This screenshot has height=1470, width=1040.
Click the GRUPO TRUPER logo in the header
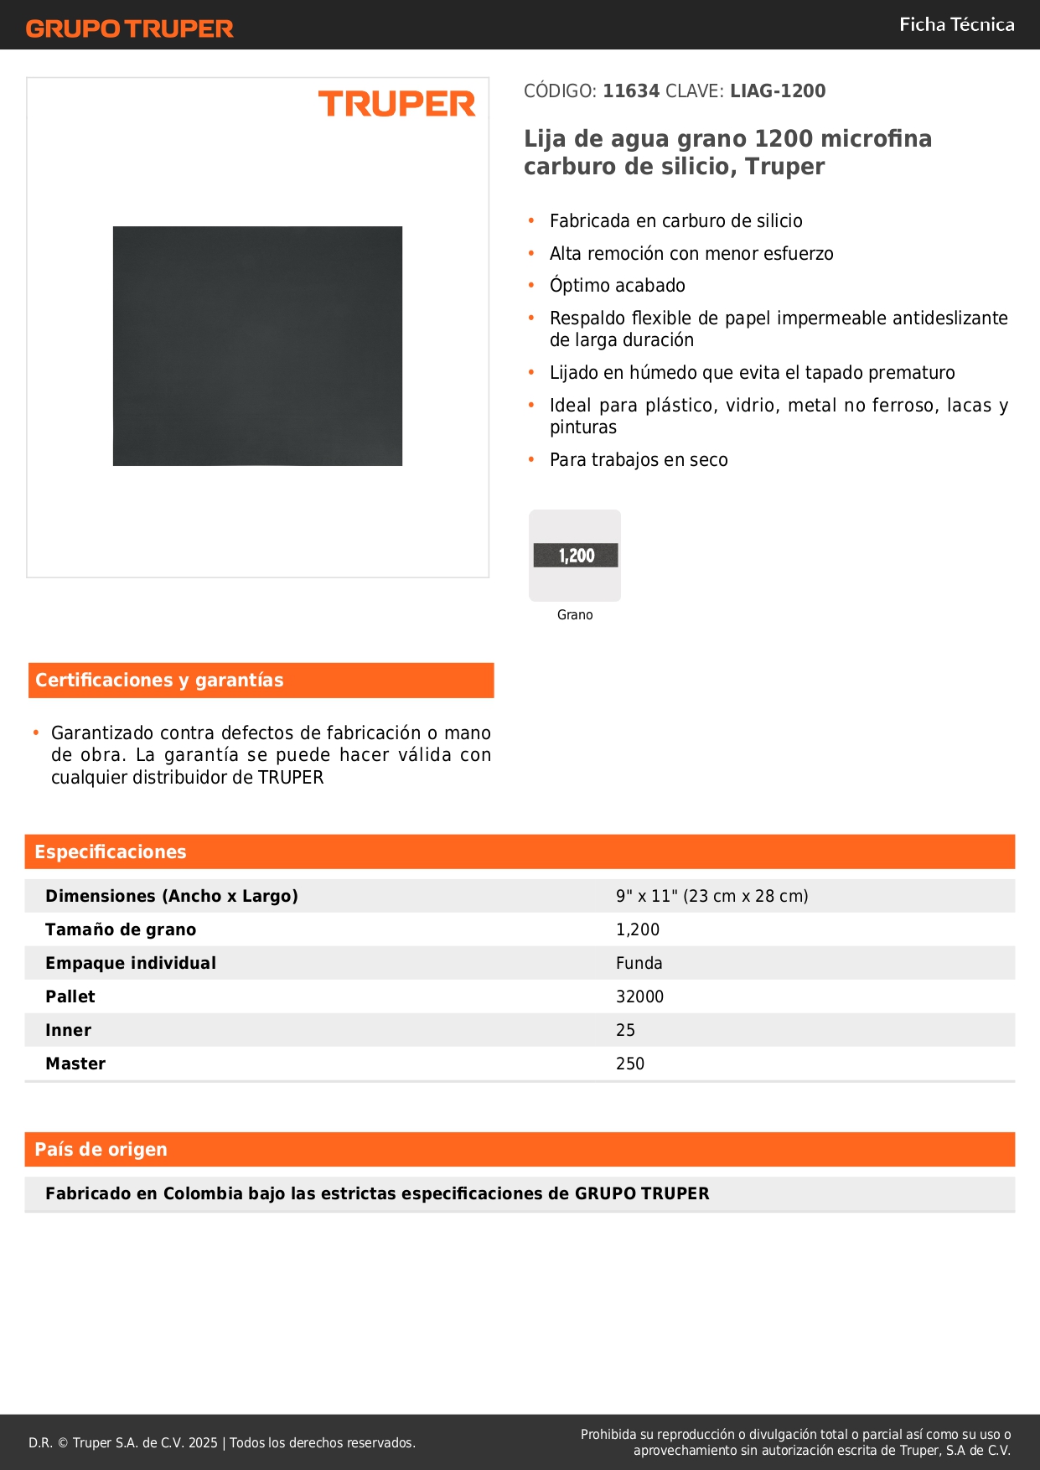130,28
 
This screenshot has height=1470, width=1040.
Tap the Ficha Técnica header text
956,25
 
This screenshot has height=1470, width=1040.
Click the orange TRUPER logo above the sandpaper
396,104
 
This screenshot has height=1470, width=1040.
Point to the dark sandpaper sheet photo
257,345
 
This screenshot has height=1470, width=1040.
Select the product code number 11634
631,91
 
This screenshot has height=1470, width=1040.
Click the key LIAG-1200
778,91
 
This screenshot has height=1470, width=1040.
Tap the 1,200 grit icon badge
576,556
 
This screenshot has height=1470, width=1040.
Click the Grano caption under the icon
575,615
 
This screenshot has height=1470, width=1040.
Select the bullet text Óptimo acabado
617,286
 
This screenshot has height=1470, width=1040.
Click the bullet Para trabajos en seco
639,460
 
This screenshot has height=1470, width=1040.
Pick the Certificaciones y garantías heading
159,681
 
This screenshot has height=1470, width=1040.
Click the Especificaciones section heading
111,852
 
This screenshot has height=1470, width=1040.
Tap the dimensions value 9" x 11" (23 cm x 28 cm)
711,896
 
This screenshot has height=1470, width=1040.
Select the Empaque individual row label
131,963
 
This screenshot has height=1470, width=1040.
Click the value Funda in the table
639,963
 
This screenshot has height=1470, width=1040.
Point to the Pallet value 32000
639,996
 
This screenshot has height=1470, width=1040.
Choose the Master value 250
630,1064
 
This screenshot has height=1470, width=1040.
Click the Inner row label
68,1030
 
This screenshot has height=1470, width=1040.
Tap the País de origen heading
101,1150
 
